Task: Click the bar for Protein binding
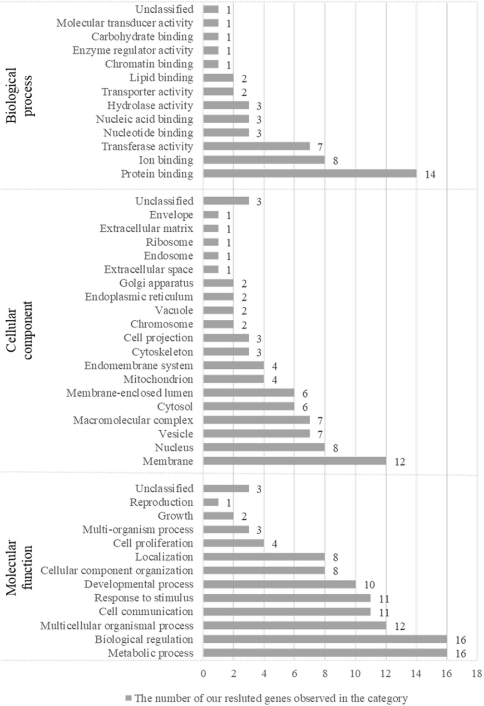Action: click(x=310, y=174)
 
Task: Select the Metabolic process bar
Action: click(x=325, y=653)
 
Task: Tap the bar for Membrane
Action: click(x=295, y=461)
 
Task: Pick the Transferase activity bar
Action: click(x=257, y=146)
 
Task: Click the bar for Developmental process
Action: click(x=279, y=584)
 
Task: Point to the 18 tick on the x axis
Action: click(x=476, y=674)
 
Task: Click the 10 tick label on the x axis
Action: click(x=355, y=674)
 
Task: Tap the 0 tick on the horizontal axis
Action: click(x=203, y=674)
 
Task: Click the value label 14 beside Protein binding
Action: click(x=430, y=174)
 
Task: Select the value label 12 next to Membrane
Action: click(x=400, y=462)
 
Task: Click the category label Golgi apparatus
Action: click(x=156, y=283)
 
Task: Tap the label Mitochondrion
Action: click(x=158, y=379)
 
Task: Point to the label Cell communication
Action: click(x=146, y=612)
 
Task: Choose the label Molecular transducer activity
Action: click(x=124, y=23)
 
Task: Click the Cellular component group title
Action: click(x=19, y=330)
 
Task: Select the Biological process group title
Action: click(x=19, y=95)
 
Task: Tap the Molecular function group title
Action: click(x=19, y=568)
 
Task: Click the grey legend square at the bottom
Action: click(x=128, y=698)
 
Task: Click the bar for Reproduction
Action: click(x=211, y=502)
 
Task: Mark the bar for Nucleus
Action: click(x=264, y=447)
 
